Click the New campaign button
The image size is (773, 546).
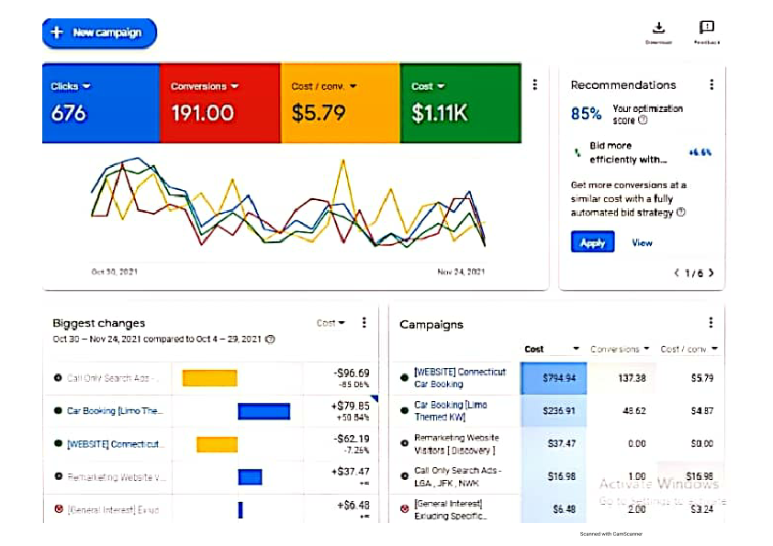[x=99, y=33]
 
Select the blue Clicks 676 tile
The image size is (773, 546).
[x=101, y=102]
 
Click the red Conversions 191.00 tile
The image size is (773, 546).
[x=220, y=102]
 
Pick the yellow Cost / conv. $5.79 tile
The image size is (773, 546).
[x=340, y=102]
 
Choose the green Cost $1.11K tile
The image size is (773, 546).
[x=460, y=102]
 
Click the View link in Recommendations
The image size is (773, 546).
[x=642, y=243]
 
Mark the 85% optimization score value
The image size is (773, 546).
[x=587, y=114]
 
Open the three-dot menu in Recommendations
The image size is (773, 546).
[x=711, y=84]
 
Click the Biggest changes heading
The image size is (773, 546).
[x=98, y=323]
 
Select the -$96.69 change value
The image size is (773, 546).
[x=352, y=373]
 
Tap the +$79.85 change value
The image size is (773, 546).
[x=352, y=406]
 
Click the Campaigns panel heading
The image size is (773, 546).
[x=431, y=324]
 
